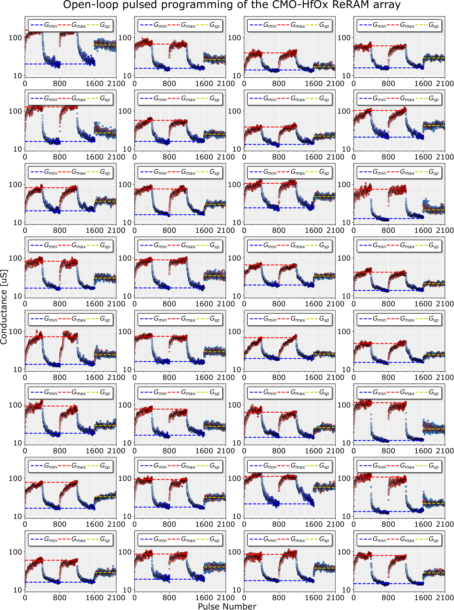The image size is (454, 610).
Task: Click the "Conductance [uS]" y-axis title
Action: tap(4, 307)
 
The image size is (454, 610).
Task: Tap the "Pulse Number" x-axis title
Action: tap(227, 606)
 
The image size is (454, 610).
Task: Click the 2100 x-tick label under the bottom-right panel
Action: tap(445, 597)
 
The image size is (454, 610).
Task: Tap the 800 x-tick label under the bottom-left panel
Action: tap(60, 597)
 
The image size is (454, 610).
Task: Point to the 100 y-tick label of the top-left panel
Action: tap(15, 38)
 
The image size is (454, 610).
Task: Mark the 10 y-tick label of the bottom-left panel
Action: tap(17, 590)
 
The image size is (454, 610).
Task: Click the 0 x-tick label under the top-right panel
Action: tap(354, 84)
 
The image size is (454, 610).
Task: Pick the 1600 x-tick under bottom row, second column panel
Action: tap(204, 597)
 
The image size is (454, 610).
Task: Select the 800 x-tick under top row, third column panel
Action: tap(279, 84)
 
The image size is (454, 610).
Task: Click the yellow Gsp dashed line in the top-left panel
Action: tap(105, 45)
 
